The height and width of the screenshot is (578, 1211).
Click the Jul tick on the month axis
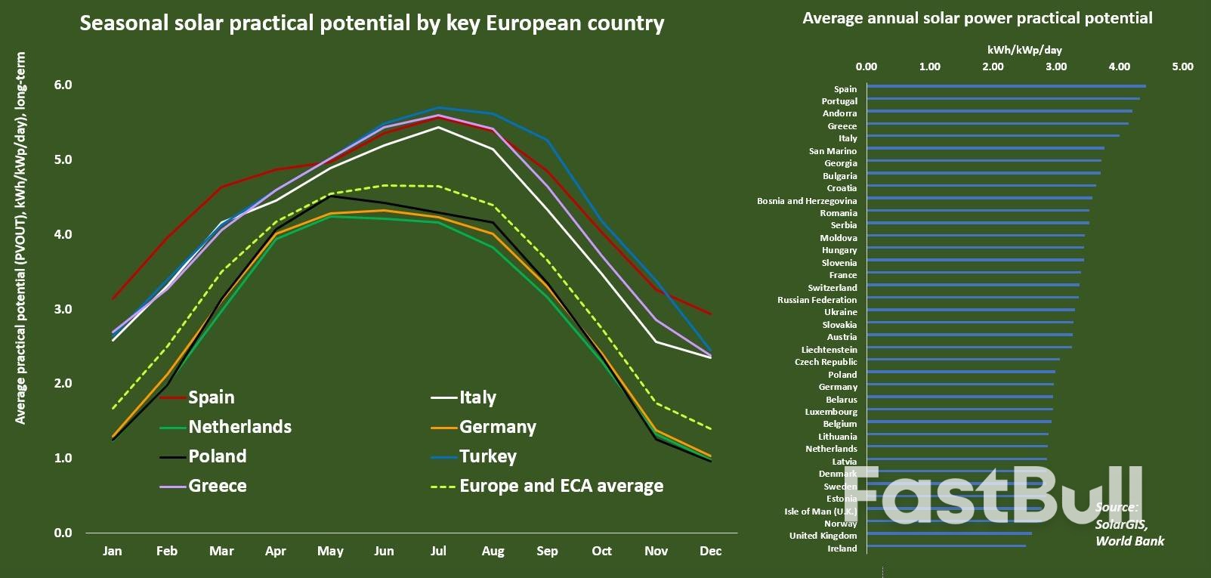coord(438,551)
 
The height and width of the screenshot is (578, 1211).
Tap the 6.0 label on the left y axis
coord(63,85)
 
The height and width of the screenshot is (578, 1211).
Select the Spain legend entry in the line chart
coord(211,397)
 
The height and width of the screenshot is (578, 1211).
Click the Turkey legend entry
coord(488,456)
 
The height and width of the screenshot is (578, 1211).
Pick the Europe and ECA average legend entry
coord(561,486)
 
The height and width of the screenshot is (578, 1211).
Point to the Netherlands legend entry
coord(239,427)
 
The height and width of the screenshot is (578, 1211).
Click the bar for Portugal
coord(1002,99)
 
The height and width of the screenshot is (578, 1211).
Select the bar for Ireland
coord(946,546)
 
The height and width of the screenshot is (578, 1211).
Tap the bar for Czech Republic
coord(962,360)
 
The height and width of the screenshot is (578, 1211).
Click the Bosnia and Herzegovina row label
coord(807,201)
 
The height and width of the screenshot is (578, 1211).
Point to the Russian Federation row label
coord(817,300)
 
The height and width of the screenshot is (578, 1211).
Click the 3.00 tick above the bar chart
coord(1056,66)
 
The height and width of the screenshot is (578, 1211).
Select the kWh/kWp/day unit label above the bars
coord(1024,50)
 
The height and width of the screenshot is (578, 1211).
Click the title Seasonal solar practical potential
coord(372,23)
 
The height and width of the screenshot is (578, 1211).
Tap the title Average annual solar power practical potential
coord(978,17)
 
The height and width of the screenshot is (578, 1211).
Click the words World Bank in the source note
coord(1129,541)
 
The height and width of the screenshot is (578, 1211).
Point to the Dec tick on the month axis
coord(710,551)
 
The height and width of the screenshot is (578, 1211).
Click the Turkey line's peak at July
coord(438,107)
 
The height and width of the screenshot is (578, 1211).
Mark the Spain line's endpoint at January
coord(112,299)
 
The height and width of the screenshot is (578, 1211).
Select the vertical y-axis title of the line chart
coord(20,238)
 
